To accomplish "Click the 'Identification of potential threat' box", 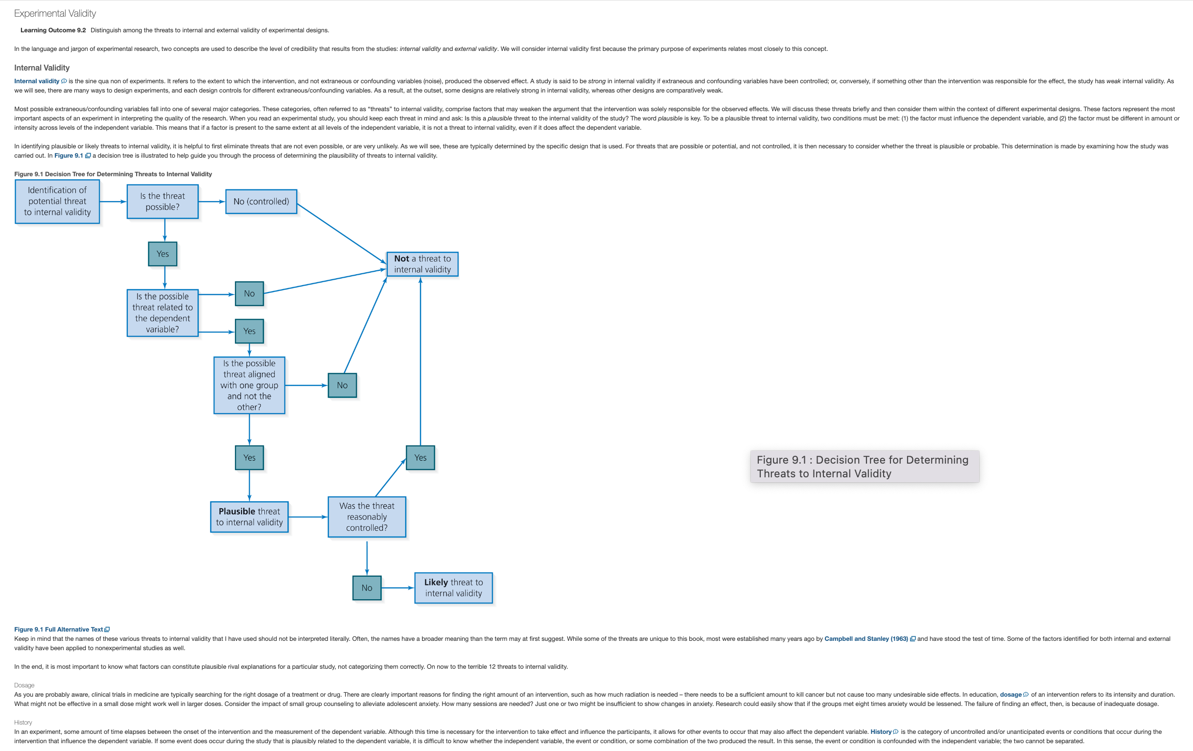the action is (x=57, y=201).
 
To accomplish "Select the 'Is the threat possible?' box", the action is (x=163, y=201).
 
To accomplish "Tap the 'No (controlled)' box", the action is (x=261, y=202).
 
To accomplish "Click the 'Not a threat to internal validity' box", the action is (x=422, y=264).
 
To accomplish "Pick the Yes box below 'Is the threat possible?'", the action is (x=163, y=254).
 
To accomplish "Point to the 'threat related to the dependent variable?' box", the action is (x=163, y=312).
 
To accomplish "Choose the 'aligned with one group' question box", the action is (x=249, y=385).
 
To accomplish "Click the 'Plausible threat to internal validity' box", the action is (x=249, y=516).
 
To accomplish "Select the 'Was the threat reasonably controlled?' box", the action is (x=367, y=516).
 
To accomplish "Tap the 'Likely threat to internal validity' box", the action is (x=453, y=587).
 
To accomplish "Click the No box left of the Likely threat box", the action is (x=367, y=587).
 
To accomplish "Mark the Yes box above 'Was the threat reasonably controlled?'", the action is (x=420, y=457).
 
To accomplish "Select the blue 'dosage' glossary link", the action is (x=1014, y=695).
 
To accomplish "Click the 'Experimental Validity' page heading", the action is (x=55, y=13).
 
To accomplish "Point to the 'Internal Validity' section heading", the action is (x=42, y=68).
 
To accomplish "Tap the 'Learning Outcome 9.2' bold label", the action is (x=53, y=30).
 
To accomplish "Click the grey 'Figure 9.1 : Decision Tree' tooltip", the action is (x=865, y=466).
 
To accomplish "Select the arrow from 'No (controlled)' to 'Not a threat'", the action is (x=341, y=234).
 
